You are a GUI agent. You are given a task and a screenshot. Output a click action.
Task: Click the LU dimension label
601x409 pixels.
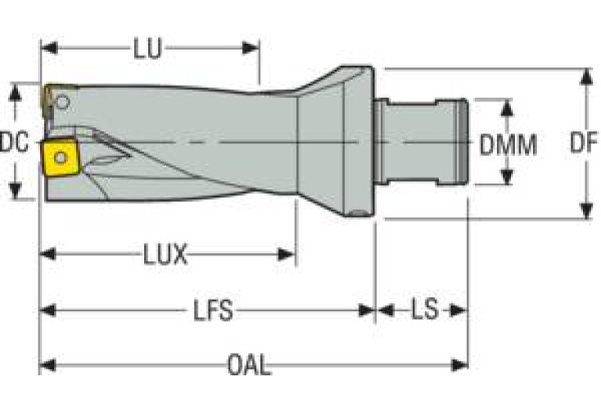[147, 48]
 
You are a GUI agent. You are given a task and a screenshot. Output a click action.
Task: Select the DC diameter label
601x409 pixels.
[13, 143]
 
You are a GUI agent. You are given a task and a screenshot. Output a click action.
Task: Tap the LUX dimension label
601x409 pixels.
[165, 254]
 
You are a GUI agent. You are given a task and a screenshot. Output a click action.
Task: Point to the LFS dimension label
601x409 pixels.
[213, 310]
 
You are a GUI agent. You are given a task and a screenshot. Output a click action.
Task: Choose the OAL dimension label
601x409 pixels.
[249, 365]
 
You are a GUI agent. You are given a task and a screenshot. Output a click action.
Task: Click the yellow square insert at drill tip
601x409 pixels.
[60, 158]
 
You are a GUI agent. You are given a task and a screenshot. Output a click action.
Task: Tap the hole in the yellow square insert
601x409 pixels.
[61, 157]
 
